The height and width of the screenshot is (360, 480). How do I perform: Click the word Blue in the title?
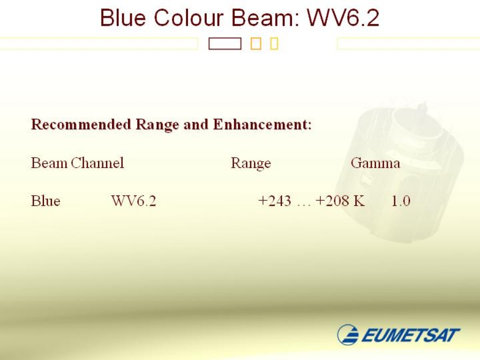tap(123, 17)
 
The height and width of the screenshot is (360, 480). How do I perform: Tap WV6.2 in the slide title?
tap(343, 17)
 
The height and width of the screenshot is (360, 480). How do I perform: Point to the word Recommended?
tap(81, 124)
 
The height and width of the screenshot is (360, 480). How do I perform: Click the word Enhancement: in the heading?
tap(262, 124)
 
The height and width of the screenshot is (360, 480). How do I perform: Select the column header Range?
tap(251, 163)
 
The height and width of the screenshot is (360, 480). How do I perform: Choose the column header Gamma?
tap(375, 163)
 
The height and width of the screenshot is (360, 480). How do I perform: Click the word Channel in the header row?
tap(97, 163)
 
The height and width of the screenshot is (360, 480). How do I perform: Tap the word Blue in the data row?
tap(45, 201)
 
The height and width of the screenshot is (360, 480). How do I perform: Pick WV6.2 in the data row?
tap(134, 201)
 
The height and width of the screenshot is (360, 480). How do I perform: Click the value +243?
tap(275, 201)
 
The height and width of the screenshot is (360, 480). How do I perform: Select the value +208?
tap(332, 201)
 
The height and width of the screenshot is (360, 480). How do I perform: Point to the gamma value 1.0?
tap(401, 201)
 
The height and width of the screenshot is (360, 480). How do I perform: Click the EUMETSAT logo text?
tap(410, 335)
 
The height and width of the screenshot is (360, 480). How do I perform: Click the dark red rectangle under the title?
tap(225, 44)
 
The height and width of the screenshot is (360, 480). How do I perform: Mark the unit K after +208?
tap(359, 201)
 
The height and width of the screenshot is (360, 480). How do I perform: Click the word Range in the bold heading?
tap(157, 125)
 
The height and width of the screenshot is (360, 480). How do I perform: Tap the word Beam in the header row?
tap(49, 163)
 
